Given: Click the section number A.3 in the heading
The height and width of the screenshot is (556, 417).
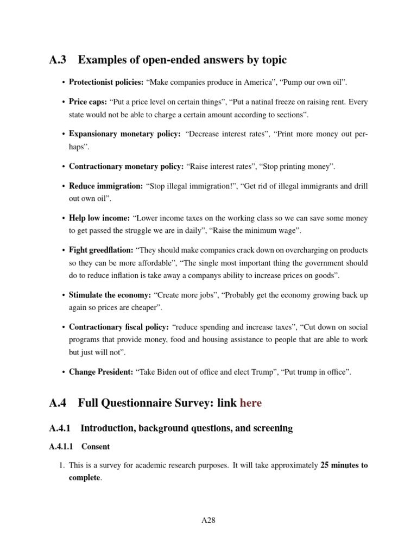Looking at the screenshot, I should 59,60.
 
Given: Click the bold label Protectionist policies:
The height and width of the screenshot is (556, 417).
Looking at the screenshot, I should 106,82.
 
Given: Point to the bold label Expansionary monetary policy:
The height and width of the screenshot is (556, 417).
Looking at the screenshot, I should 124,134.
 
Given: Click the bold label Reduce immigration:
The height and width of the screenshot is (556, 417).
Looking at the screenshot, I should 105,186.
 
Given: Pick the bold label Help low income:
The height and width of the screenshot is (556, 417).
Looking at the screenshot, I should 99,218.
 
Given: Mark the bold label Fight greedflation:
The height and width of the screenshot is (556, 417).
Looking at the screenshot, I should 101,250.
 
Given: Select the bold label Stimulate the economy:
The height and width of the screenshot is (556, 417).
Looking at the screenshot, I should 110,295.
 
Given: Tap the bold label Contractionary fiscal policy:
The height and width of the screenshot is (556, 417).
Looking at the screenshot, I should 118,327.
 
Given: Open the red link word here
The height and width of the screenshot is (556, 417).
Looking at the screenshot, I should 250,403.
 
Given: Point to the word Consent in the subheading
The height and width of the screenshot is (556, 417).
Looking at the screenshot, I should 96,447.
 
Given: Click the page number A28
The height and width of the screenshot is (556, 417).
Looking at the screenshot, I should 208,520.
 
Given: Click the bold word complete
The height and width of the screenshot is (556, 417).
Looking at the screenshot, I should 84,478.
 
